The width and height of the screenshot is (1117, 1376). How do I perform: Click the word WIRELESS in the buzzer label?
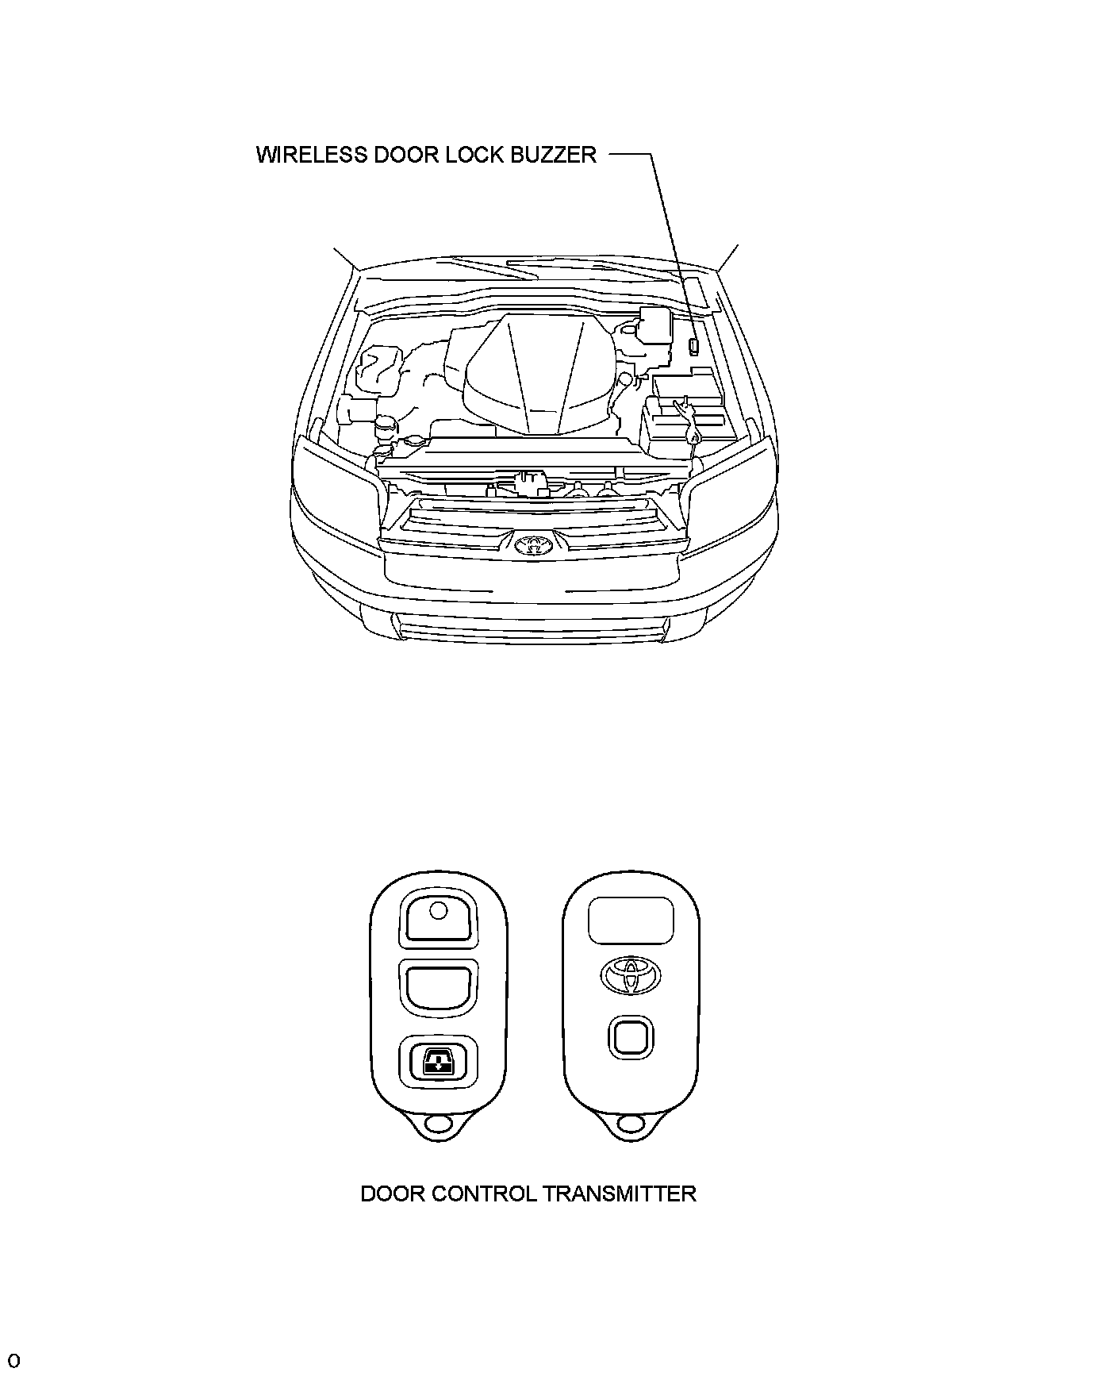click(x=305, y=154)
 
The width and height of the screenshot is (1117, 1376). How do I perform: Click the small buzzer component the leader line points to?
click(x=693, y=346)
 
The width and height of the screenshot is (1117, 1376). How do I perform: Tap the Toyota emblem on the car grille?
click(x=532, y=545)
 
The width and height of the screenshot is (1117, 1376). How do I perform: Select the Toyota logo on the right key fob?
click(x=631, y=974)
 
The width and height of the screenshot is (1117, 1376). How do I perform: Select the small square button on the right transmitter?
click(x=631, y=1037)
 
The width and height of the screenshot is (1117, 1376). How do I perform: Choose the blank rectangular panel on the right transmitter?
click(x=631, y=921)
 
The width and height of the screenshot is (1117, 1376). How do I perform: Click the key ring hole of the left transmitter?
click(x=437, y=1124)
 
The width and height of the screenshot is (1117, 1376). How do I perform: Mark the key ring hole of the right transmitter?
click(x=631, y=1124)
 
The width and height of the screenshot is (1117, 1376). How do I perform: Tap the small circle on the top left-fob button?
click(x=438, y=910)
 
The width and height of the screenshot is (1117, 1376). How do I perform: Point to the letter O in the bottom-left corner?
click(x=13, y=1361)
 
